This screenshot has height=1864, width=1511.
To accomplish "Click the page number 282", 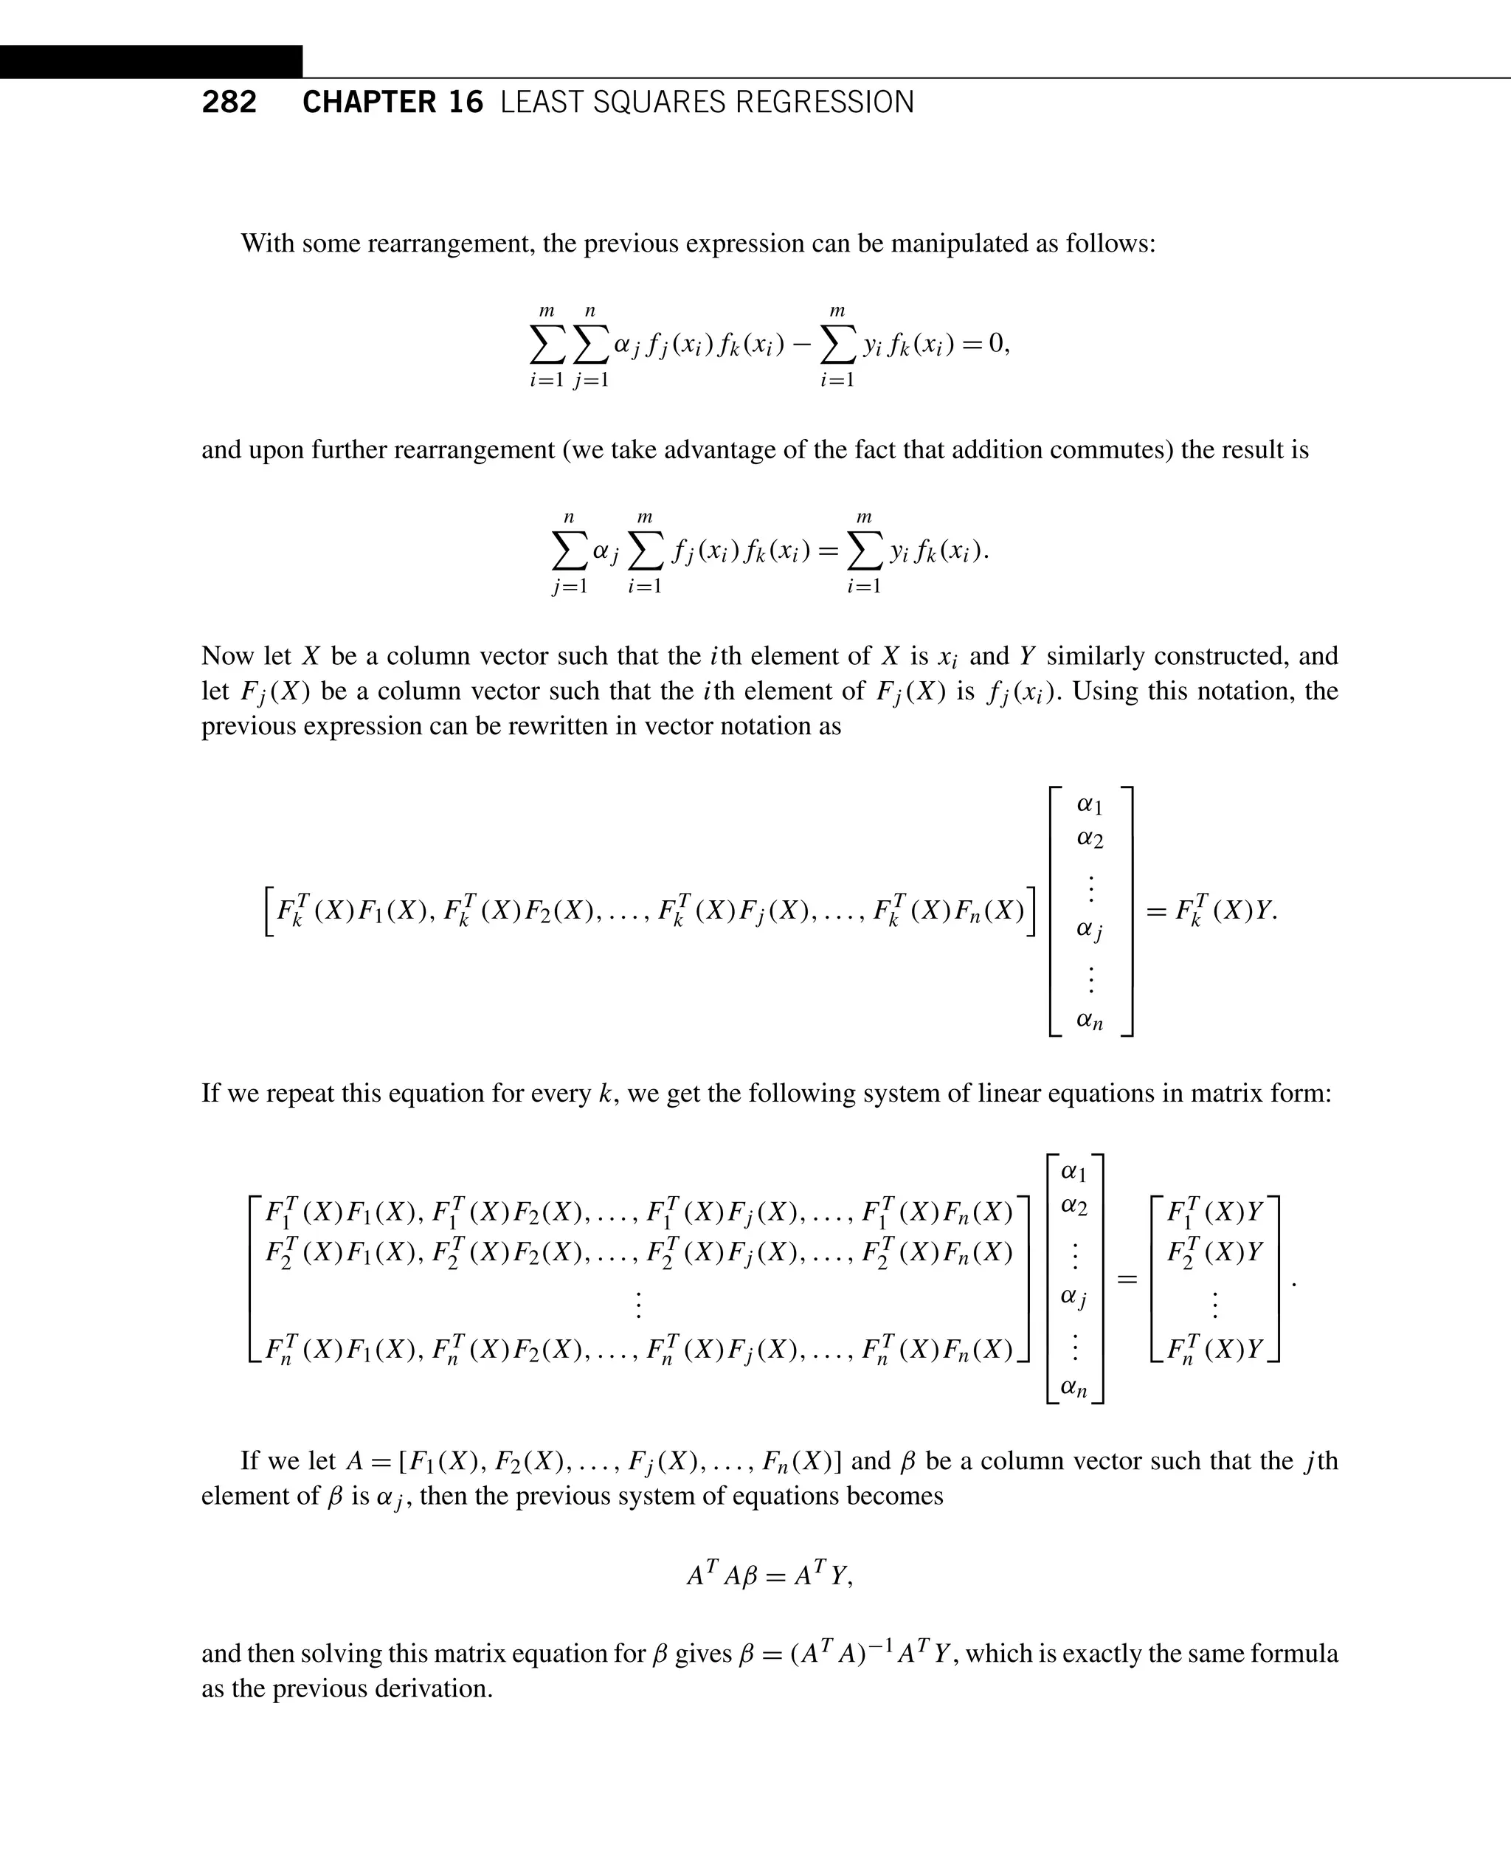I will coord(229,103).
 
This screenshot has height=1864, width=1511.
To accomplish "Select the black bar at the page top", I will coord(151,62).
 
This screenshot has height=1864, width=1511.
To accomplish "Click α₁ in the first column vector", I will coord(1090,804).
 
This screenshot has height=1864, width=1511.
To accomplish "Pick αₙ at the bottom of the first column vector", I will coord(1090,1020).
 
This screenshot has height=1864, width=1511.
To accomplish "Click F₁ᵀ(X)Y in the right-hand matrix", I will coord(1214,1211).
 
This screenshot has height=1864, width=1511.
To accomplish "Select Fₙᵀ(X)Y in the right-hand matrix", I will coord(1214,1349).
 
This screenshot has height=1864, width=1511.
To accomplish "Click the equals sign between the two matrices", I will coord(1127,1280).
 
